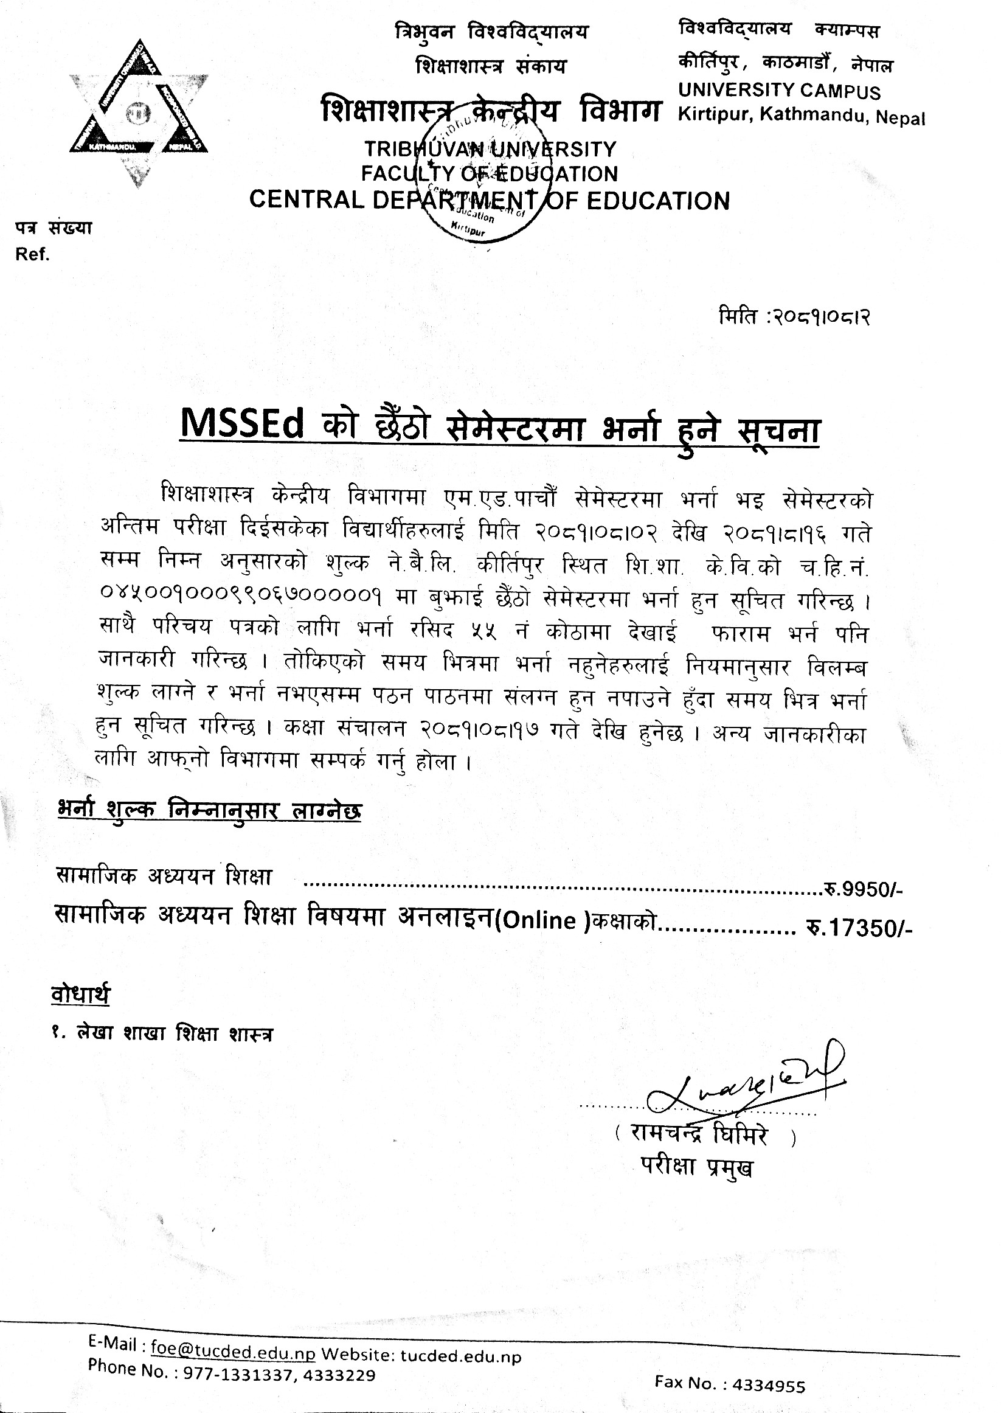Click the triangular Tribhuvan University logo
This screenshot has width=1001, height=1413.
click(x=138, y=111)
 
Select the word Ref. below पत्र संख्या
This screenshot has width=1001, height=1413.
click(x=33, y=255)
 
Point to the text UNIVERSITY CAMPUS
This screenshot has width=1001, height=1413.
click(x=779, y=91)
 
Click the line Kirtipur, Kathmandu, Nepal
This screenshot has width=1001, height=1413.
click(x=801, y=116)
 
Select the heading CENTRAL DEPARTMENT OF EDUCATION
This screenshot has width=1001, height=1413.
click(x=490, y=200)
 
